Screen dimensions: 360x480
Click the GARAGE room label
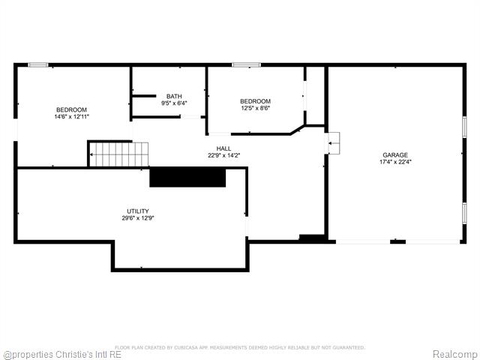coord(394,155)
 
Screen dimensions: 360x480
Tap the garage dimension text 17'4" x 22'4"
coord(394,162)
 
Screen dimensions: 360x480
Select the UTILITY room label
coord(138,211)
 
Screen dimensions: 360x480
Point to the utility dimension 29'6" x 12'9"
coord(138,217)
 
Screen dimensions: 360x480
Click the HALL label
coord(223,148)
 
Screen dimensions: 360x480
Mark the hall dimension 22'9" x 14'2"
coord(223,155)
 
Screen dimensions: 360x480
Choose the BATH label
coord(174,96)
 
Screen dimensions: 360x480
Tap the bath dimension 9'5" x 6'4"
coord(174,103)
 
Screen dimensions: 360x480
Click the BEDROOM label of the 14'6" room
coord(71,109)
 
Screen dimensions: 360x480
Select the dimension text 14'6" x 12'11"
coord(71,116)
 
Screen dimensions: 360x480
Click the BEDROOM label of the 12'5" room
coord(255,101)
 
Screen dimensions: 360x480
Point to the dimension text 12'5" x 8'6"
coord(255,108)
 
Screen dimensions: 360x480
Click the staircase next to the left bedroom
coord(119,154)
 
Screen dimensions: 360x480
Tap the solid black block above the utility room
coord(187,177)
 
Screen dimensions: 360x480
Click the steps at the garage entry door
coord(333,142)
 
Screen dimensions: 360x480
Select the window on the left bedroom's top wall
coord(38,65)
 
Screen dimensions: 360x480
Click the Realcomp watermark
coord(454,354)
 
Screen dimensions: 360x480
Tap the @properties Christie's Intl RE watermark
coord(62,354)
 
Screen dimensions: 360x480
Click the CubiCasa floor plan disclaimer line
coord(240,347)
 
